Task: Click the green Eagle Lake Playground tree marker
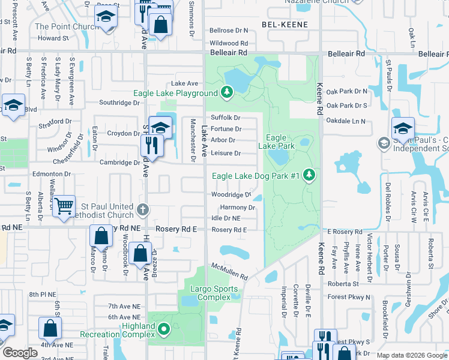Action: (x=226, y=92)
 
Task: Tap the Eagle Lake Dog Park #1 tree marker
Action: (x=309, y=175)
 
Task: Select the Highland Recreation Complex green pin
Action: (x=164, y=329)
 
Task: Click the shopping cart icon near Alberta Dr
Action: (x=63, y=206)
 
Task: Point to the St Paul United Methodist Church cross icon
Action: (x=142, y=210)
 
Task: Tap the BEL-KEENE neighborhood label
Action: (x=285, y=25)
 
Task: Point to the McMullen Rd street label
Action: (x=229, y=272)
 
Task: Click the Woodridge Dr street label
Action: (x=231, y=195)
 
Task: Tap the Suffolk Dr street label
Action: (x=225, y=118)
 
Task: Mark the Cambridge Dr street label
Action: (x=119, y=163)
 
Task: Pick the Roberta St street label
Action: (x=343, y=284)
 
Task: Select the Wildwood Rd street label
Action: (x=229, y=43)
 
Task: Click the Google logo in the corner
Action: (x=20, y=353)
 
